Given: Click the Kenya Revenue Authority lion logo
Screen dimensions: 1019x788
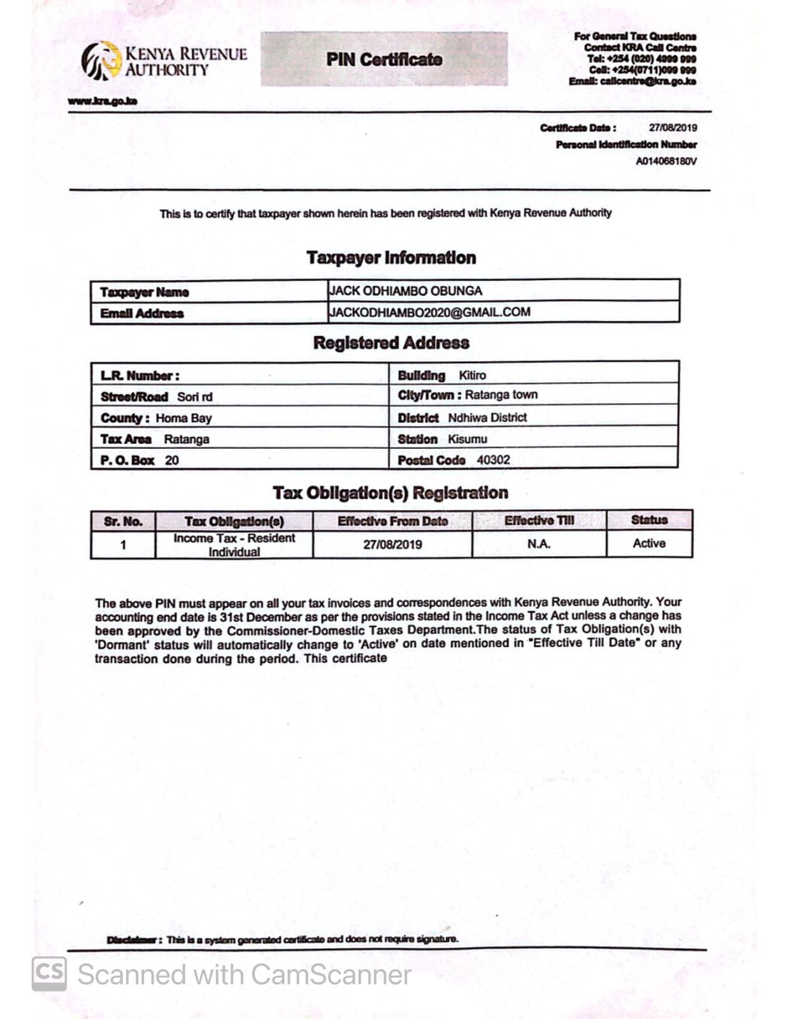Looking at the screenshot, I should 101,61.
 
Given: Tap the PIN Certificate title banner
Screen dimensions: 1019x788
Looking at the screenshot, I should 384,59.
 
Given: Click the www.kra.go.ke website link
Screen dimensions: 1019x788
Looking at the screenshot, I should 103,101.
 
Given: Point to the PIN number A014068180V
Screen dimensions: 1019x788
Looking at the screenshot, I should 666,161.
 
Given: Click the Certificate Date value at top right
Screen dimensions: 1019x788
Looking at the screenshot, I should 673,128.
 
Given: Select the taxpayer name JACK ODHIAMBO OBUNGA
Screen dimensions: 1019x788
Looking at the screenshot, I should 406,291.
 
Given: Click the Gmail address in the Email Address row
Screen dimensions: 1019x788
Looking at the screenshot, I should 430,312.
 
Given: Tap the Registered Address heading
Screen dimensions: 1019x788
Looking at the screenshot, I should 391,343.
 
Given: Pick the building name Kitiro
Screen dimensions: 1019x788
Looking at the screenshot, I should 472,375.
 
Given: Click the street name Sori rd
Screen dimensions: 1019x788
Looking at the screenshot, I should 195,397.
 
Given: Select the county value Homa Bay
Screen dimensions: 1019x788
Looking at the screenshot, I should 183,418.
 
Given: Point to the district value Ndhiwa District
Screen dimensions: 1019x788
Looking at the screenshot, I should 487,418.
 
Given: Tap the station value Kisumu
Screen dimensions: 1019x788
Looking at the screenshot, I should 468,439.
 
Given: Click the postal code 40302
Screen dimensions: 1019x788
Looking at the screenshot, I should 493,460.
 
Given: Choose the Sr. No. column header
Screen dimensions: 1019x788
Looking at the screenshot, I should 123,522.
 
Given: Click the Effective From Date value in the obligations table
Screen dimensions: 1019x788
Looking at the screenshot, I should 392,545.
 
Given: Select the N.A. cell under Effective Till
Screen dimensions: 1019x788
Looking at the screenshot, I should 539,544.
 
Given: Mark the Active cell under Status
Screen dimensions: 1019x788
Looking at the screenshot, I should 649,543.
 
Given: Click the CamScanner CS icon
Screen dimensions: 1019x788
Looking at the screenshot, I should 49,974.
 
